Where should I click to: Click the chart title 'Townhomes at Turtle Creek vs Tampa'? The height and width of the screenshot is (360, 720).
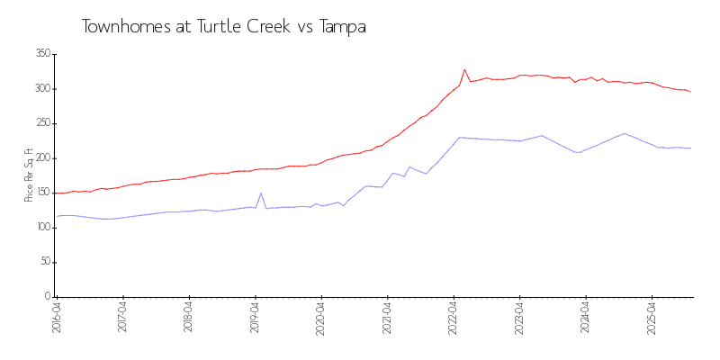223,27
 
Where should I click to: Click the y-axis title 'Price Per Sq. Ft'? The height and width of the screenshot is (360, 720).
29,175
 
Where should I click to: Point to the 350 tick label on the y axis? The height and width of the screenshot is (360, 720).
41,54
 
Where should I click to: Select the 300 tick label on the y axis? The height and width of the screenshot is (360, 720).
41,88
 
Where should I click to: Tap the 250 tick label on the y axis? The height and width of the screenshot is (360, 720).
41,123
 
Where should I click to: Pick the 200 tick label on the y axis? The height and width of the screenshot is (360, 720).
41,157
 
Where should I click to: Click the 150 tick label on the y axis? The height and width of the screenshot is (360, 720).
41,193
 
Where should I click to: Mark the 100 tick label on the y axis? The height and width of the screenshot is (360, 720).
41,227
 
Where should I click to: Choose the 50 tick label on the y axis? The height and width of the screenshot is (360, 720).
44,262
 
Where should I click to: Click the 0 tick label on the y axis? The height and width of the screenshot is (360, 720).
47,296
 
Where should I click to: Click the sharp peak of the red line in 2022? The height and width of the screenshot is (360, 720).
465,69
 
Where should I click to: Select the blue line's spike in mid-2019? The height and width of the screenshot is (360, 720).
261,193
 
